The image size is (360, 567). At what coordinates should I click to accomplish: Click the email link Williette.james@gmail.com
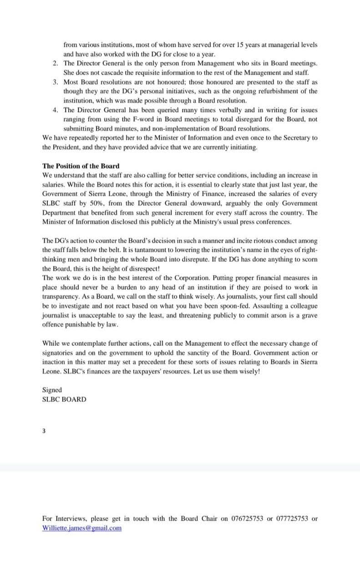click(x=82, y=528)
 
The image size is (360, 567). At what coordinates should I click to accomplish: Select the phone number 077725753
click(x=292, y=518)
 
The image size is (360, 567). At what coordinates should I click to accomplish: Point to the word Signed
click(x=52, y=390)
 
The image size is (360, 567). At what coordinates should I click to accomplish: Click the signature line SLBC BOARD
click(x=64, y=400)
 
